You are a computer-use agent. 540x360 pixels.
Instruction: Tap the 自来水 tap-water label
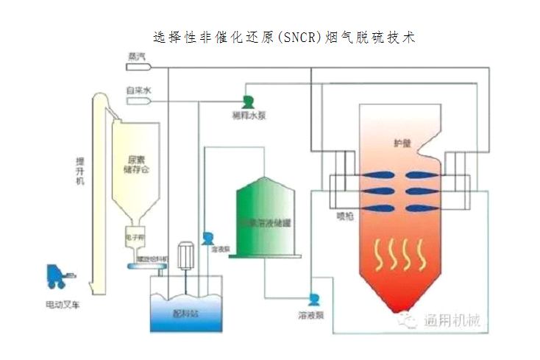(138, 91)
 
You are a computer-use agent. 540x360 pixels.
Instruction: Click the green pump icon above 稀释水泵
(248, 101)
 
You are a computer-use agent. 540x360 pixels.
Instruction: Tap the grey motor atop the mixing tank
(185, 253)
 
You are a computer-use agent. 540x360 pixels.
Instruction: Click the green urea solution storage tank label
(268, 221)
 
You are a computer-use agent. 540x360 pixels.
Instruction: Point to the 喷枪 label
(346, 216)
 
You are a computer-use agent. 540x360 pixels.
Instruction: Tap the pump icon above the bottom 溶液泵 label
(313, 300)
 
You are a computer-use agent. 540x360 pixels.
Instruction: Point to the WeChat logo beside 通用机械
(408, 320)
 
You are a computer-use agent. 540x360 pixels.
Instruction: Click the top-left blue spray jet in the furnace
(377, 174)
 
